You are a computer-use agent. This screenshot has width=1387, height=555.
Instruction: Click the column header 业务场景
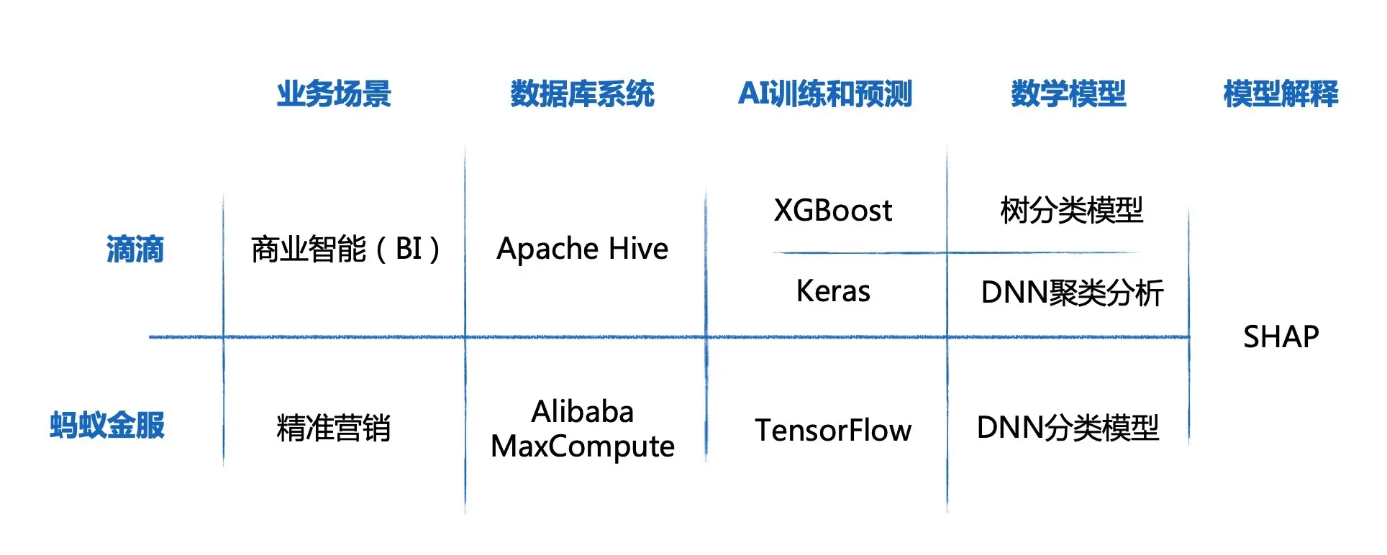click(334, 94)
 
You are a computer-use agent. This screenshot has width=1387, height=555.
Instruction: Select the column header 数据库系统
click(582, 94)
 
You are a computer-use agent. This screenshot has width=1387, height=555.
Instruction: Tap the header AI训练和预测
click(825, 94)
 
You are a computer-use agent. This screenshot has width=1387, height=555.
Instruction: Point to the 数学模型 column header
click(1068, 94)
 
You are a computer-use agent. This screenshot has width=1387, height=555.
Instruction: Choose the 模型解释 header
click(1281, 94)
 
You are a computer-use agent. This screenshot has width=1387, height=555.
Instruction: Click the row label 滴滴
click(135, 249)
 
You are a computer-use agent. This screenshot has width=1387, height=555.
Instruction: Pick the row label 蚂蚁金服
click(107, 425)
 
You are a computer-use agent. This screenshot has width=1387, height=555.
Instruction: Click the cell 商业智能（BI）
click(345, 249)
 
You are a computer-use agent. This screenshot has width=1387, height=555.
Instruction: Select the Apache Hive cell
click(582, 249)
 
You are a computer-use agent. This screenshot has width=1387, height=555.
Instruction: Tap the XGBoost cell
click(832, 211)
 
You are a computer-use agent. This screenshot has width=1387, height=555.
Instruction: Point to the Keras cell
click(833, 291)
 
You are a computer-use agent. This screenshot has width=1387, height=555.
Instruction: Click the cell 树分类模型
click(1071, 211)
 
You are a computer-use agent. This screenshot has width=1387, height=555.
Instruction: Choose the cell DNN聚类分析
click(1072, 293)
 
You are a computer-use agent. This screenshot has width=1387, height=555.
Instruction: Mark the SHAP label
click(1281, 336)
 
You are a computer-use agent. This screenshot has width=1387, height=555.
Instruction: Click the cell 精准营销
click(334, 428)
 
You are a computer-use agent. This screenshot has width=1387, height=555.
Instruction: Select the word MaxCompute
click(582, 446)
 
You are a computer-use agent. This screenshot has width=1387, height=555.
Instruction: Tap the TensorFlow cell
click(833, 430)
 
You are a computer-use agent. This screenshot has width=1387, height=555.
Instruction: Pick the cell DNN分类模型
click(1068, 428)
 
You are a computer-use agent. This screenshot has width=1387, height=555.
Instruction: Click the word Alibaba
click(582, 412)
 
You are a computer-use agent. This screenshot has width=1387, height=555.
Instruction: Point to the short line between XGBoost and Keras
click(860, 253)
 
